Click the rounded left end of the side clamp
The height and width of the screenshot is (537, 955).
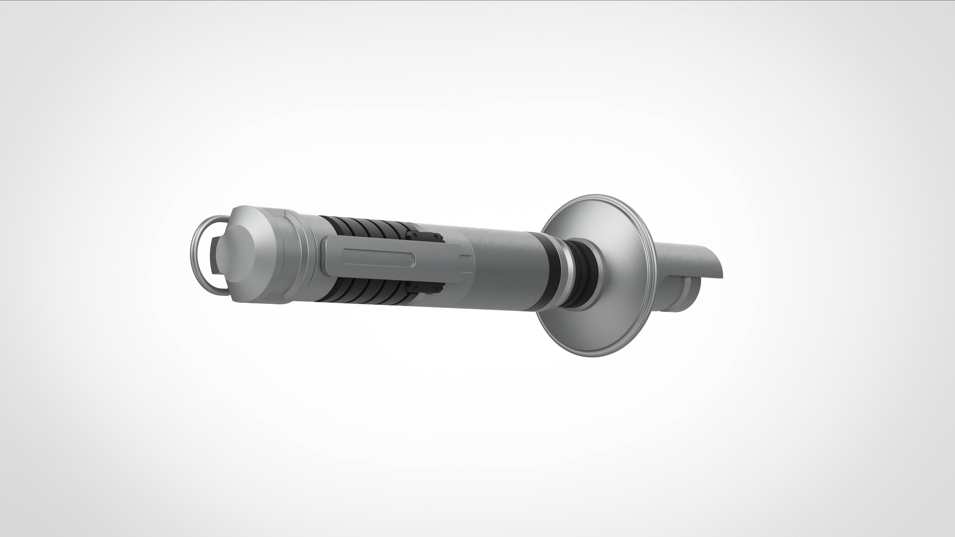(326, 255)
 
